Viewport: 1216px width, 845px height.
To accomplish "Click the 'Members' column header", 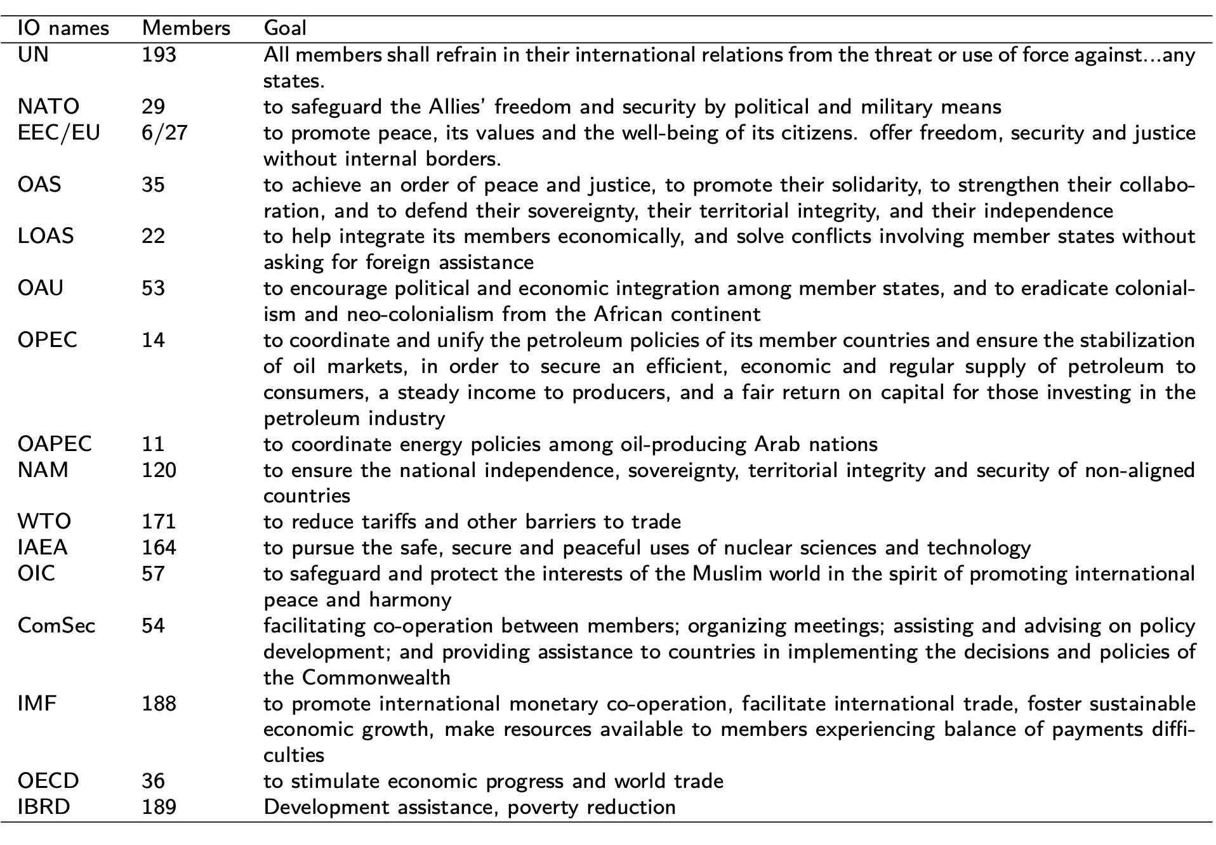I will click(186, 29).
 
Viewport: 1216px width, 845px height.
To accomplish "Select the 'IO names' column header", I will click(63, 29).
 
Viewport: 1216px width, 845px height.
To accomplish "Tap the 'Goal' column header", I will click(285, 29).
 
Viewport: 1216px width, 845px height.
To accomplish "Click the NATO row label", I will click(49, 107).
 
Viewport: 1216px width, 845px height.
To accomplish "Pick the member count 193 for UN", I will click(159, 55).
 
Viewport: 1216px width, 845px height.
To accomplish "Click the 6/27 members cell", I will click(164, 133).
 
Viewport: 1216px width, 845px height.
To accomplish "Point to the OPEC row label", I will click(48, 341).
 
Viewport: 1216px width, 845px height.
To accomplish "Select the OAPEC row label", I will click(55, 444).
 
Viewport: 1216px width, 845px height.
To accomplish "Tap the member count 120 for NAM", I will click(159, 470).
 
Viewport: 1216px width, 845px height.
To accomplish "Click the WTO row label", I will click(44, 522).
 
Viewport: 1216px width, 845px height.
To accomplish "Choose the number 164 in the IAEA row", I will click(159, 547).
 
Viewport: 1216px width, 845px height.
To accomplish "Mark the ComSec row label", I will click(56, 626).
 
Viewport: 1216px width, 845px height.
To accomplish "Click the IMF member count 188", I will click(159, 704).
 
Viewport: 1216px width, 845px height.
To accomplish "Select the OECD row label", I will click(48, 781).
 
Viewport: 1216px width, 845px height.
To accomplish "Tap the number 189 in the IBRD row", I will click(159, 808).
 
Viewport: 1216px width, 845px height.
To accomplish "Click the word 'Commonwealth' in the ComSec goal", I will click(376, 678).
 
